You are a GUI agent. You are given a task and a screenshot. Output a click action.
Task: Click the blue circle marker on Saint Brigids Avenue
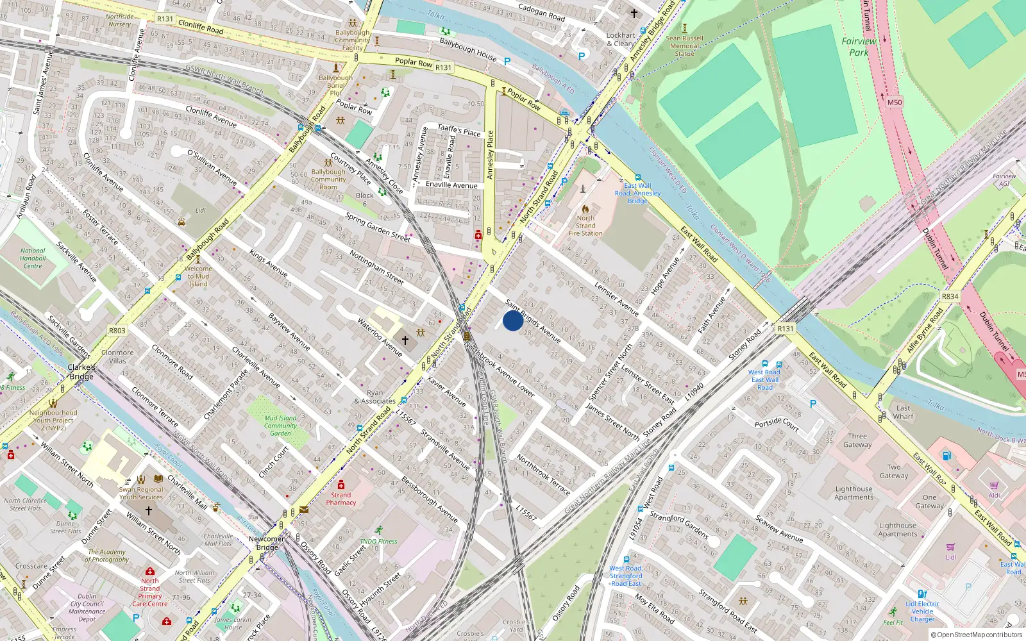[x=512, y=320]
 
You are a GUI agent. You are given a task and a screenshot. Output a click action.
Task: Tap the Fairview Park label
[x=859, y=47]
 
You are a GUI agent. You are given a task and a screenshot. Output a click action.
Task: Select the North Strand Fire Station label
[x=585, y=226]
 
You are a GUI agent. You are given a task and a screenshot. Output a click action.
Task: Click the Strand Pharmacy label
[x=341, y=499]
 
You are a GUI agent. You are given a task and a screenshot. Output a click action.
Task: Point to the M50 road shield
[x=894, y=103]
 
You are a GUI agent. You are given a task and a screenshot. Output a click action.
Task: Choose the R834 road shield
[x=950, y=296]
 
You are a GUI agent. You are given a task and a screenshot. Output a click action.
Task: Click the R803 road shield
[x=117, y=331]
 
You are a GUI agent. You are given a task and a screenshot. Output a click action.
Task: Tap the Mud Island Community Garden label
[x=280, y=426]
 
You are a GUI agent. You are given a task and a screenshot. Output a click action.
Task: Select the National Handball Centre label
[x=33, y=258]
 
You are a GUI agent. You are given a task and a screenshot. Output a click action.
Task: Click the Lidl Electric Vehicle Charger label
[x=922, y=612]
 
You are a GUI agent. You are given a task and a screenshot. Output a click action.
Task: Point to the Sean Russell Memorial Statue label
[x=684, y=46]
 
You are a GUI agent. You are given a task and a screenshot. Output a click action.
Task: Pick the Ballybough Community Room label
[x=328, y=179]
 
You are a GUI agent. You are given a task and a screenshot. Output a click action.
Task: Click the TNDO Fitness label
[x=378, y=541]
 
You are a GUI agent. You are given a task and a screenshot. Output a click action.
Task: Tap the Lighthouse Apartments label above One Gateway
[x=854, y=493]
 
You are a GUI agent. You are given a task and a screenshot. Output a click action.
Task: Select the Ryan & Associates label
[x=374, y=397]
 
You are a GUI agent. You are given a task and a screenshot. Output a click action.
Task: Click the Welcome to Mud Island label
[x=198, y=276]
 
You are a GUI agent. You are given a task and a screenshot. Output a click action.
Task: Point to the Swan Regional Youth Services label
[x=141, y=493]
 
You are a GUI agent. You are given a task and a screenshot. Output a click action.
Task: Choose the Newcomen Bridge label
[x=267, y=543]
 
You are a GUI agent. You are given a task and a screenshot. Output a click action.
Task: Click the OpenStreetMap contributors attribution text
[x=977, y=635]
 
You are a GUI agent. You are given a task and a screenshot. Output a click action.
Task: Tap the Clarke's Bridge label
[x=81, y=372]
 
